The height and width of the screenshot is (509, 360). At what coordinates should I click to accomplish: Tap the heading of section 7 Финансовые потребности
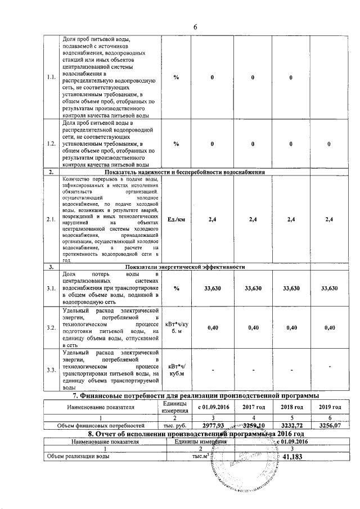coord(194,396)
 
